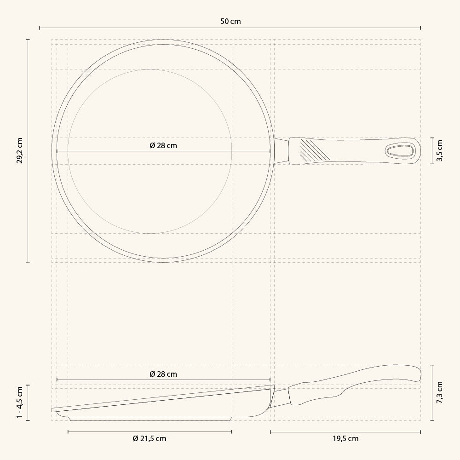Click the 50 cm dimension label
point(230,22)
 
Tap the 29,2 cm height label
point(20,150)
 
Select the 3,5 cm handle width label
point(439,150)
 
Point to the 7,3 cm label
point(439,392)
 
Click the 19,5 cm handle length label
point(345,439)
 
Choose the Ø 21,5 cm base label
point(149,439)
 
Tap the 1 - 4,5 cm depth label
point(20,402)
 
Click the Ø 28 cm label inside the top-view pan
point(163,145)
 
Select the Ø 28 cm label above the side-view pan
point(163,374)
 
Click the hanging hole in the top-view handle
point(400,151)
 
